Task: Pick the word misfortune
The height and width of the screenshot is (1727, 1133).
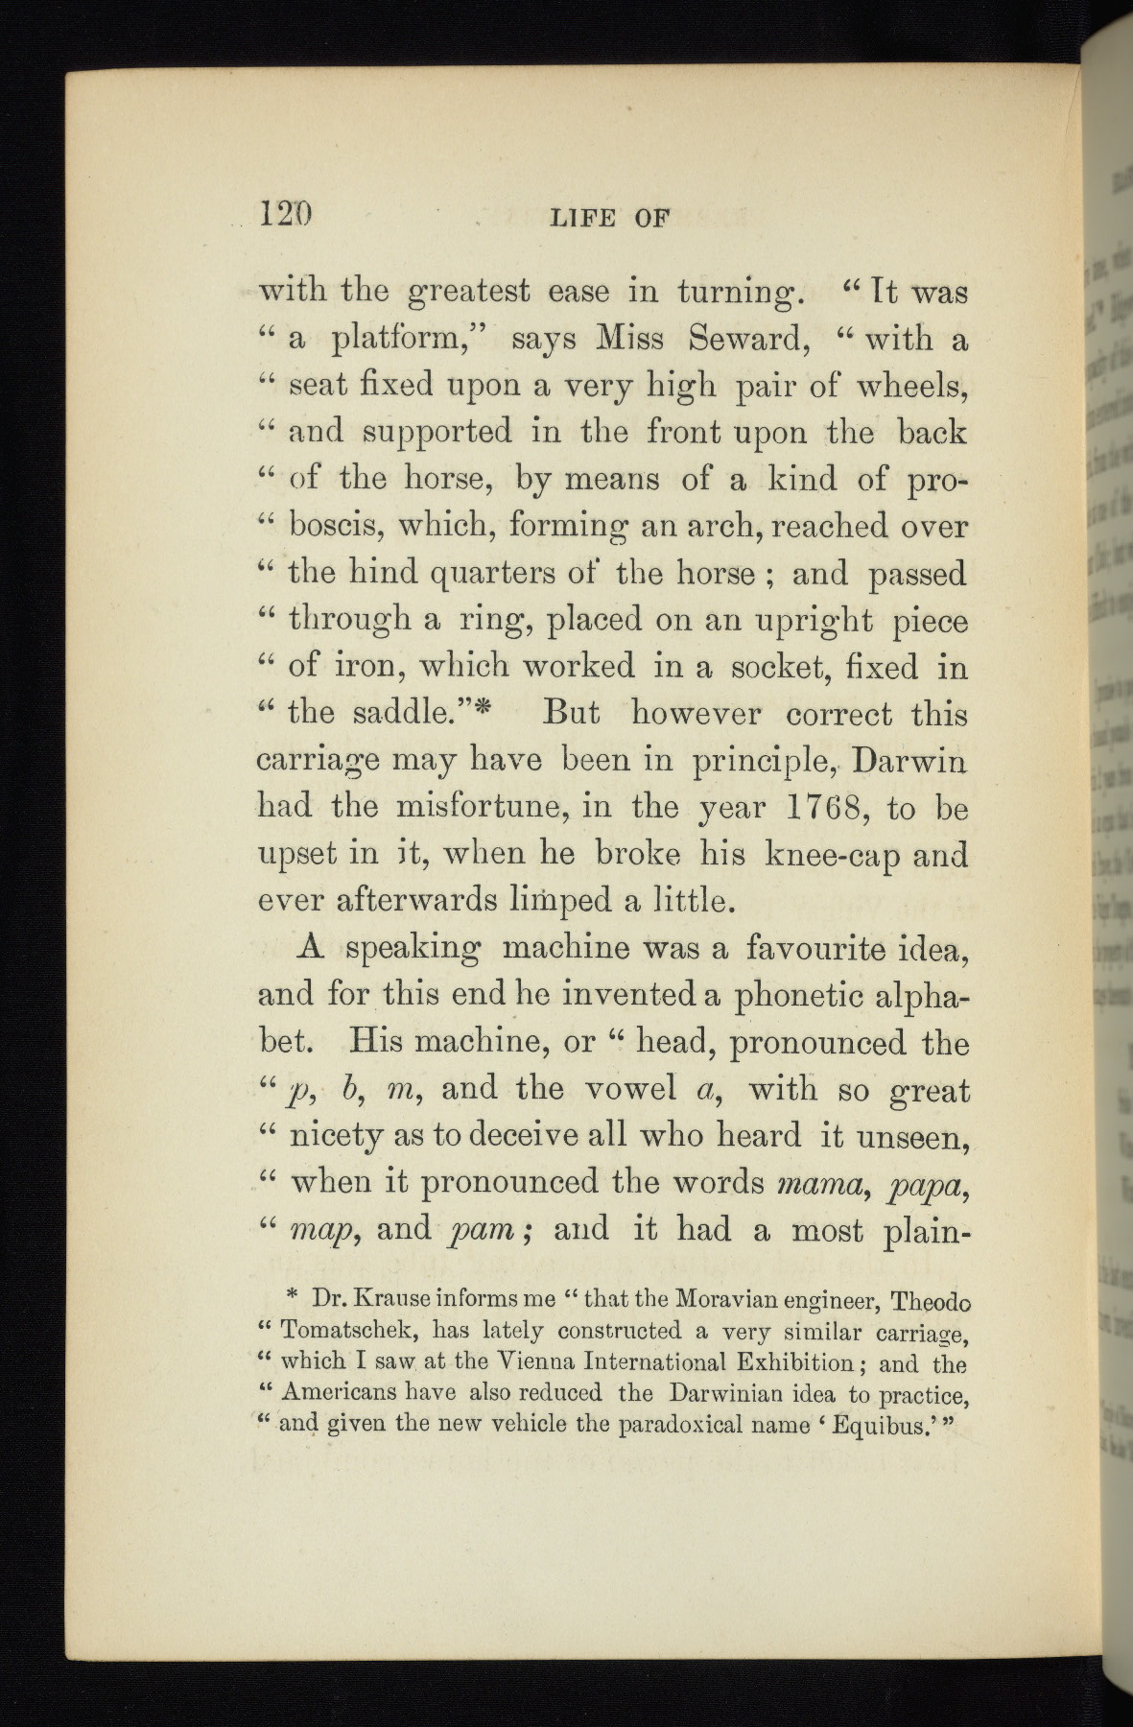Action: pyautogui.click(x=450, y=807)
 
